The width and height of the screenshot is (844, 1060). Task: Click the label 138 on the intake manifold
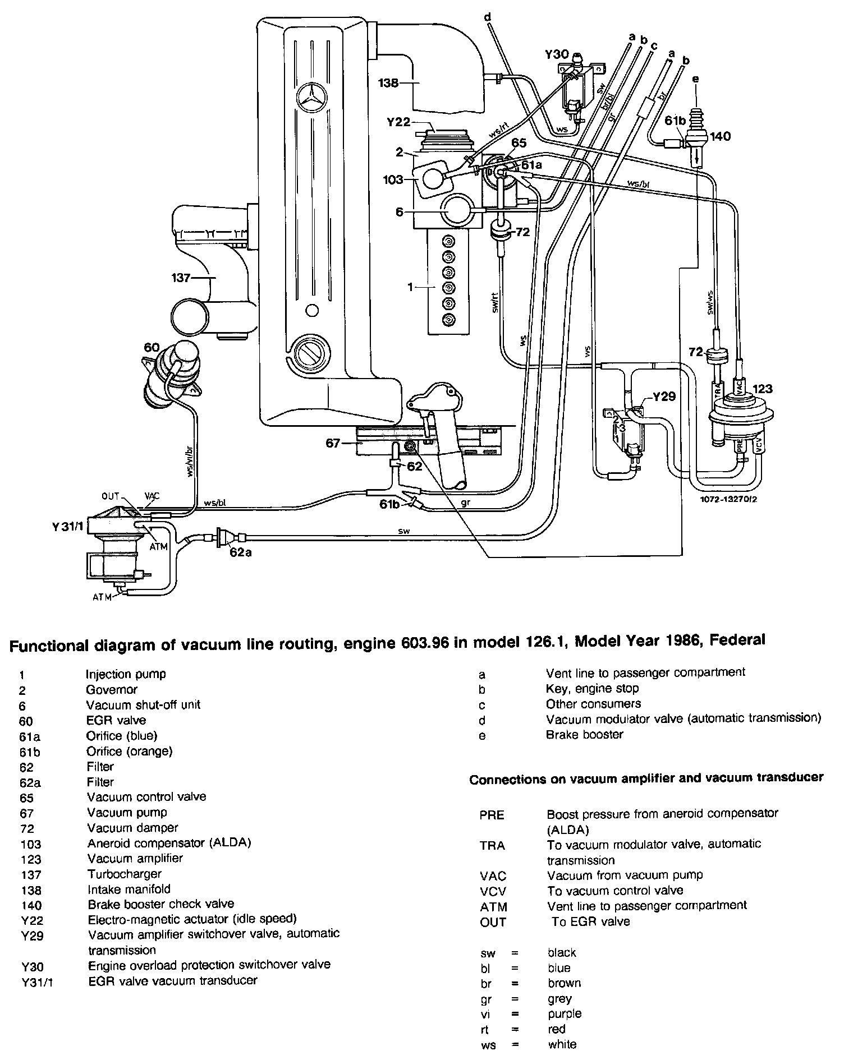(388, 83)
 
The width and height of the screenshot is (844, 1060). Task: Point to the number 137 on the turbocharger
(183, 277)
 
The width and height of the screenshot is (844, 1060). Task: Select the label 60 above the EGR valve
(152, 348)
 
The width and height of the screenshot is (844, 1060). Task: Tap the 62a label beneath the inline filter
(241, 552)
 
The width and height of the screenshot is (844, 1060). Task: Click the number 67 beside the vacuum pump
(333, 443)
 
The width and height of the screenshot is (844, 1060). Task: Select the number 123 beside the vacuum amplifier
(762, 388)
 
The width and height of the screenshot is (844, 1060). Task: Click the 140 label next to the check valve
(720, 136)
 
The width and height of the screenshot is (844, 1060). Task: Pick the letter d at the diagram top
(487, 18)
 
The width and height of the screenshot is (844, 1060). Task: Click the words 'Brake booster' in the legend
(584, 735)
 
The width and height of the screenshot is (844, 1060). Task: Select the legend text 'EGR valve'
(116, 720)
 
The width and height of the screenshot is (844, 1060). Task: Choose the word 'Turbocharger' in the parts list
(124, 874)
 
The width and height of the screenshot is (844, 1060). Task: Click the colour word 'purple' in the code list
(565, 1013)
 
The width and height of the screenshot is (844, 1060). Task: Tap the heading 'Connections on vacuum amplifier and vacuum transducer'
(646, 777)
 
